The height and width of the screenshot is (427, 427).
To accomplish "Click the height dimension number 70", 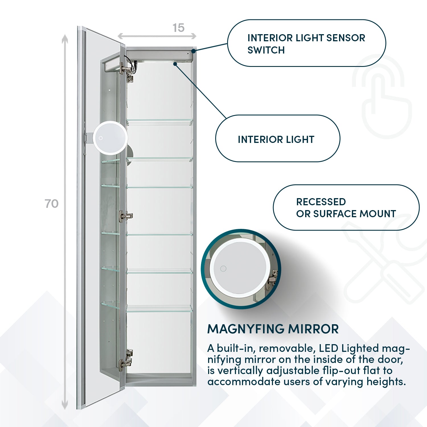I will pos(52,204).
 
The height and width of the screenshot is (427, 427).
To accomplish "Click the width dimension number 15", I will pos(178,28).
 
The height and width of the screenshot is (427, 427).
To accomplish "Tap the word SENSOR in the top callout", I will pos(346,38).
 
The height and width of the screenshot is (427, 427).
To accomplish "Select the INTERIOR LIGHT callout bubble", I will pos(278,139).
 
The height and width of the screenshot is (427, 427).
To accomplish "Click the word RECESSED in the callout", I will pos(321,202).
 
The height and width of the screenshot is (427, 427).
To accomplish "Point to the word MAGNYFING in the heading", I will pos(246,329).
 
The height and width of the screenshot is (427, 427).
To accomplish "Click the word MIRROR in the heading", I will pos(313,329).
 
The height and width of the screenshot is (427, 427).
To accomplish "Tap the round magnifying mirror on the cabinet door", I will pos(110,138).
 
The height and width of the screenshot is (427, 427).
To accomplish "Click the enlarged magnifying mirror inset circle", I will pos(241,269).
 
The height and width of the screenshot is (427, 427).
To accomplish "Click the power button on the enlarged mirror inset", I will pos(223,268).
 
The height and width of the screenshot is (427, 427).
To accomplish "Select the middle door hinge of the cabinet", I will pos(126,215).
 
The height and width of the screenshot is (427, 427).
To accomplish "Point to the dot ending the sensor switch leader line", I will pos(193,51).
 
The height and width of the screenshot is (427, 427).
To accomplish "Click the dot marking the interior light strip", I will pos(175,64).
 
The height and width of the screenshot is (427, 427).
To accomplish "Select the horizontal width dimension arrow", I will pos(157,36).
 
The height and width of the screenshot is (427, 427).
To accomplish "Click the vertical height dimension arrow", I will pos(65,222).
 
